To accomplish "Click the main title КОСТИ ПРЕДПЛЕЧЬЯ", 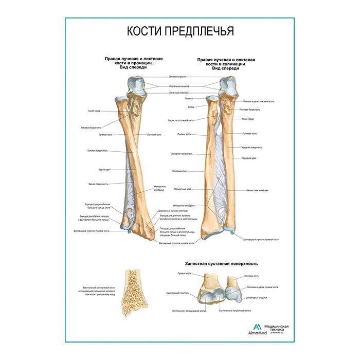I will point(181,31).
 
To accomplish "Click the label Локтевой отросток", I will point(178,77).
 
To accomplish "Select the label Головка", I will point(189,99).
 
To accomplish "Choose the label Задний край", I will point(104,169).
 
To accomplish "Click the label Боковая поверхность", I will point(98,151).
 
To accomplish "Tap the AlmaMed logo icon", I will point(257,328).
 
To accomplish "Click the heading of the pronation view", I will point(133,63).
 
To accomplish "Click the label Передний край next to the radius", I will point(180,171).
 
